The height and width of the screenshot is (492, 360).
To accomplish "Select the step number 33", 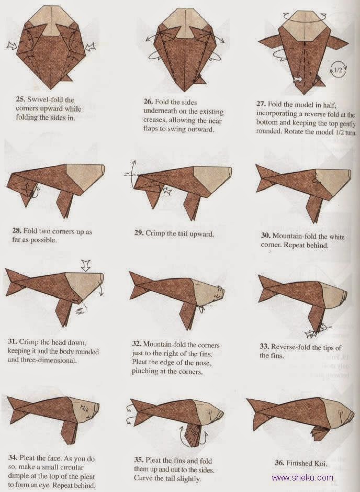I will [265, 348].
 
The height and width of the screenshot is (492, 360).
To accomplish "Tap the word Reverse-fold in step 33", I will [296, 348].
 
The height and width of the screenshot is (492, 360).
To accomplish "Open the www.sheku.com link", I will [302, 477].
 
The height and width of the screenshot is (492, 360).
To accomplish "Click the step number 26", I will [149, 102].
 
